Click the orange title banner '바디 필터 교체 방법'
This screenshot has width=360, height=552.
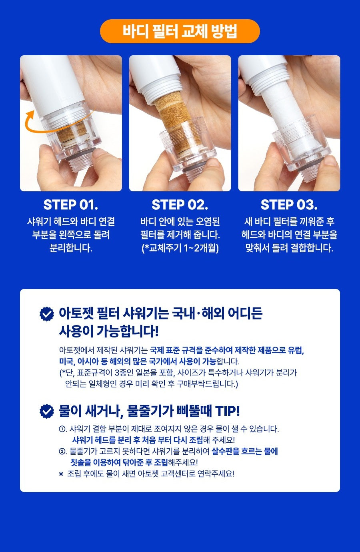tap(180, 31)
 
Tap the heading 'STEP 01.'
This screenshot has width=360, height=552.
tap(71, 205)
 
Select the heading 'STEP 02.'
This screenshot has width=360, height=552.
tap(180, 205)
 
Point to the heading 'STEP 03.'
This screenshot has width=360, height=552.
tap(289, 205)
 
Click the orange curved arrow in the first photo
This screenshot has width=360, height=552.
tap(49, 130)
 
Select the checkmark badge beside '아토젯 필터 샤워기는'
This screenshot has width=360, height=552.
tap(47, 314)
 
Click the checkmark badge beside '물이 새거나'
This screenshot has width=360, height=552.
tap(47, 411)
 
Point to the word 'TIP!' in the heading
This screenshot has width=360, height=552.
tap(227, 411)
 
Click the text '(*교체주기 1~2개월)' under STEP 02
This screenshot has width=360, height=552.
tap(180, 248)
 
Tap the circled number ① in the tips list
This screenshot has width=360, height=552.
tap(62, 429)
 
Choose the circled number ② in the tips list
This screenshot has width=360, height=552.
tap(62, 452)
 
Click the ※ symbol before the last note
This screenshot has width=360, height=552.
tap(61, 474)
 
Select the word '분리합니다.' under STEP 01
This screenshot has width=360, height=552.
tap(71, 248)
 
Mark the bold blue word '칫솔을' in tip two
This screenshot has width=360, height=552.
tap(81, 462)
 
